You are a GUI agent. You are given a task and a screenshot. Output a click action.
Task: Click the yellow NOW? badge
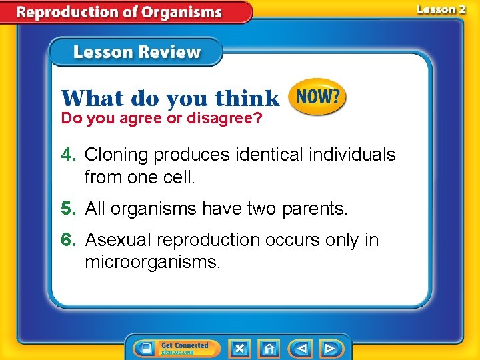(317, 97)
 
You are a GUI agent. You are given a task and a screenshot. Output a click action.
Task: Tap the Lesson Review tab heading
(136, 53)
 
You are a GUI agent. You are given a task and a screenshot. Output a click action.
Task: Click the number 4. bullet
(69, 155)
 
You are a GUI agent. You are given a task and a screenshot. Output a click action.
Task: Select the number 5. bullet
(69, 209)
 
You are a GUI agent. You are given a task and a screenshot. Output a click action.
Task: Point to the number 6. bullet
(69, 240)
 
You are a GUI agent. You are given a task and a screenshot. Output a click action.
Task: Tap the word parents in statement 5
(315, 209)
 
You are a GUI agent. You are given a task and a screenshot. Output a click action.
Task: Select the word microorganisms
(151, 262)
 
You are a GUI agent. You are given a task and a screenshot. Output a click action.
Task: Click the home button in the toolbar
(269, 348)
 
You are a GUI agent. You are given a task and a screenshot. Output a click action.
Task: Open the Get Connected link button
(175, 348)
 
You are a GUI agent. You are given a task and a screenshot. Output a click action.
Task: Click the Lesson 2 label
(441, 10)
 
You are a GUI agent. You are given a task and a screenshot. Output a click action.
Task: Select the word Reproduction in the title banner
(77, 12)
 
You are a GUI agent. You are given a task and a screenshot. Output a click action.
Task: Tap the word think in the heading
(247, 99)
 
